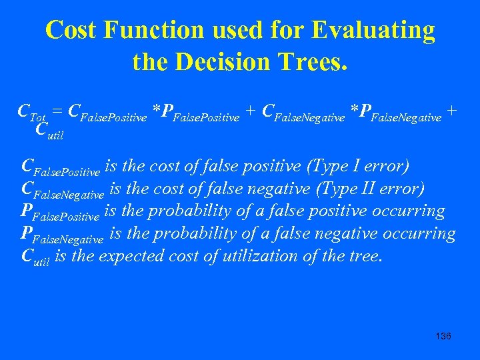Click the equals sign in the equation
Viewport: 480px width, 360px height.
[57, 111]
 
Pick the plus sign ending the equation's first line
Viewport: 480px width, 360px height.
[452, 111]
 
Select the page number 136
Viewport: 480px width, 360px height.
[442, 336]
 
